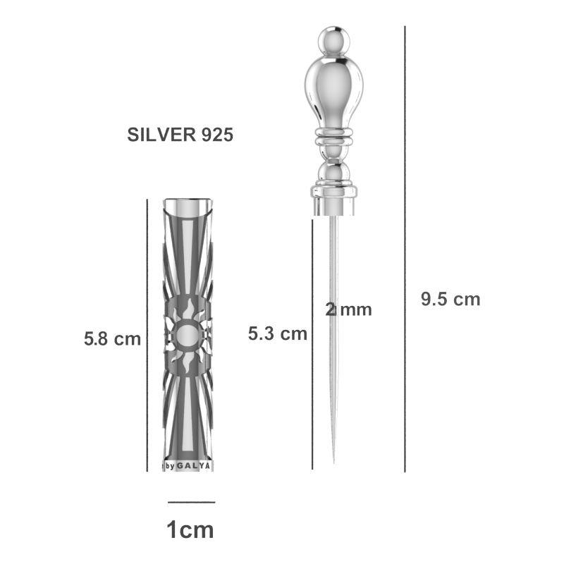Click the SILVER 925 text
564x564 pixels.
click(180, 135)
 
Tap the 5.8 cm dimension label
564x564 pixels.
click(112, 339)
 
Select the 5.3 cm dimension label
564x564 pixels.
click(278, 333)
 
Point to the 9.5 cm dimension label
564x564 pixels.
click(450, 299)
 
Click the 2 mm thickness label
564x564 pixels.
click(348, 309)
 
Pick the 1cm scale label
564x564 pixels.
click(190, 530)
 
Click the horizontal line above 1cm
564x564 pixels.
click(191, 502)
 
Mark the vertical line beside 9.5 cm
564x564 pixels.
click(405, 249)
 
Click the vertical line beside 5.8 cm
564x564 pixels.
click(147, 336)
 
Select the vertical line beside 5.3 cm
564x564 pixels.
click(312, 344)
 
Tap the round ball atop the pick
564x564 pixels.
click(334, 41)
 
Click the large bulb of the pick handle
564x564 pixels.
click(333, 92)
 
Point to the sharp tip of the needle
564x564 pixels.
click(333, 462)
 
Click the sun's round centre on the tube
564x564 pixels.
click(188, 336)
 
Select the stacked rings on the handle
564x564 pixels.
click(334, 137)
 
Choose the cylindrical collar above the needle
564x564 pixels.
click(334, 201)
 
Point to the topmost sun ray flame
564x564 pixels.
click(188, 309)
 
